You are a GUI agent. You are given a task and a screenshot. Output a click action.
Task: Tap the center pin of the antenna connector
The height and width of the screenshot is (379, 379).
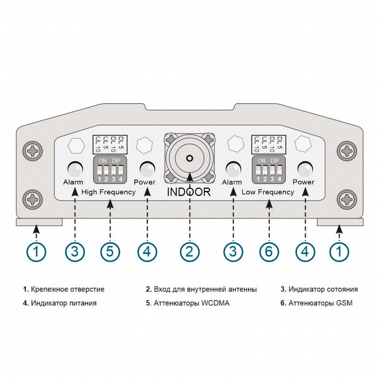(x=189, y=159)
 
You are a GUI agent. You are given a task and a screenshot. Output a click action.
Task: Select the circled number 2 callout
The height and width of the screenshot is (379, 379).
(x=189, y=251)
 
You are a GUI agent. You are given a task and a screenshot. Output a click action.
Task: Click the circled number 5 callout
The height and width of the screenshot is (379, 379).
(x=110, y=251)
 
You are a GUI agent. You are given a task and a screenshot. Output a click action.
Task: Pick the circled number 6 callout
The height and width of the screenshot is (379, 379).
(x=269, y=251)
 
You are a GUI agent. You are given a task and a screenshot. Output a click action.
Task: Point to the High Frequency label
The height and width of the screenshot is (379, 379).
(x=108, y=192)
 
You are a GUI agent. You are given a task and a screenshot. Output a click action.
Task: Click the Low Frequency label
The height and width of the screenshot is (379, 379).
(x=268, y=192)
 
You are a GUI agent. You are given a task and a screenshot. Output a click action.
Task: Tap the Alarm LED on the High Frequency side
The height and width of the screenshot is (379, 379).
(x=74, y=169)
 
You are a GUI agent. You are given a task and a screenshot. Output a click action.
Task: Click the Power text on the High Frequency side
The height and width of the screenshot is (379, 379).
(x=144, y=182)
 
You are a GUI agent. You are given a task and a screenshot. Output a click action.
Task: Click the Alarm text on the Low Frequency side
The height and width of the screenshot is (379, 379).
(x=232, y=182)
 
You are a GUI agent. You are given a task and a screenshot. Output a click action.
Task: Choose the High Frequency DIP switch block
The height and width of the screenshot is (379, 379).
(x=109, y=170)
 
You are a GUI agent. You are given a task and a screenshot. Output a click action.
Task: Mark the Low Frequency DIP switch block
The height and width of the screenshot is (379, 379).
(x=269, y=170)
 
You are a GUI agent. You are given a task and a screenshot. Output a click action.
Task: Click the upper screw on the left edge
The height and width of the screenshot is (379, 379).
(x=33, y=151)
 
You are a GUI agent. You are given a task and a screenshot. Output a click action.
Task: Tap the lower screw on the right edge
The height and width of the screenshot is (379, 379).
(x=347, y=198)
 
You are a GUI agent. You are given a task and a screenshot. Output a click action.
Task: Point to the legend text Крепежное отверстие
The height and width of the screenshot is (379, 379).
(x=66, y=289)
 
